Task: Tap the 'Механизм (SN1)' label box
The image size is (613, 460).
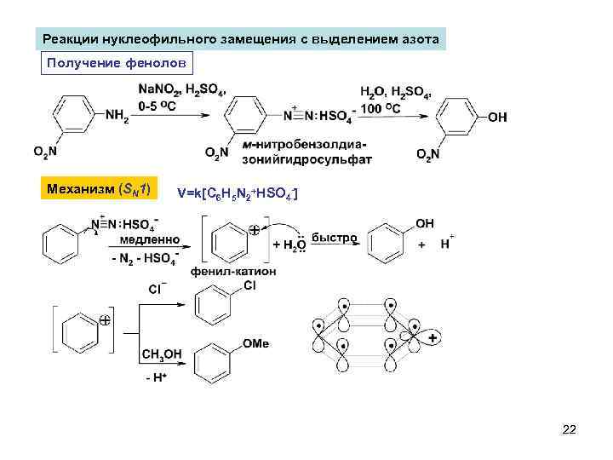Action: [x=99, y=189]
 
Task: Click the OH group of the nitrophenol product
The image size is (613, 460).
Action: [x=498, y=118]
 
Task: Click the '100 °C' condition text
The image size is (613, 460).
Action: [x=381, y=110]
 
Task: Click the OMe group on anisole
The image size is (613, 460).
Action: [x=255, y=343]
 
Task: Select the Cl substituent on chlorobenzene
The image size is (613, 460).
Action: [x=249, y=286]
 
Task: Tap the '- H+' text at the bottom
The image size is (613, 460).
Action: [x=157, y=377]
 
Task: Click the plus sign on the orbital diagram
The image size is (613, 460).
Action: [x=433, y=338]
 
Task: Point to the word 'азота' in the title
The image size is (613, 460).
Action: [x=420, y=40]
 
